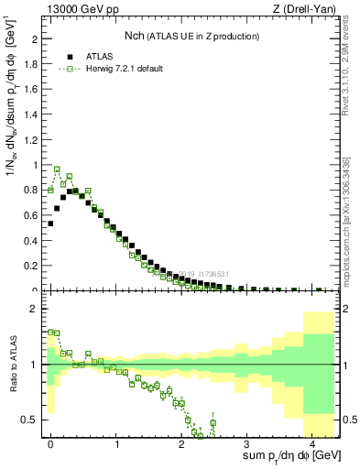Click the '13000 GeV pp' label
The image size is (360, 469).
pyautogui.click(x=80, y=10)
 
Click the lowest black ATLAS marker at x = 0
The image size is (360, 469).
pyautogui.click(x=51, y=224)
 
